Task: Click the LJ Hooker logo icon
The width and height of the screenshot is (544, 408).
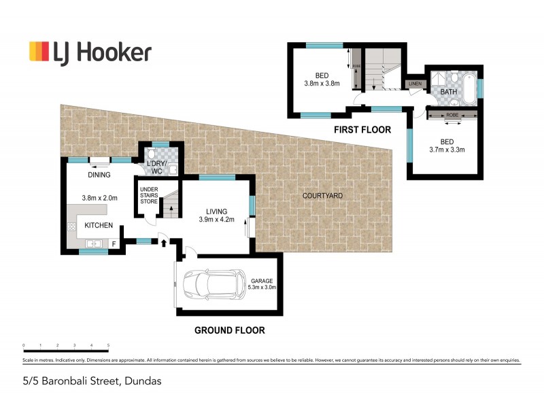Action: click(39, 52)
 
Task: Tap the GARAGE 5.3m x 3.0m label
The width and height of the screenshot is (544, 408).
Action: click(265, 283)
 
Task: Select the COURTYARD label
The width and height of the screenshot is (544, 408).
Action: click(322, 196)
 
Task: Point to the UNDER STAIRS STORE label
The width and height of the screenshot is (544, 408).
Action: click(148, 195)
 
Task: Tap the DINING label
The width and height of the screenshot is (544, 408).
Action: click(99, 175)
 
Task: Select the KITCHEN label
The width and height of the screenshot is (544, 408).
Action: click(99, 224)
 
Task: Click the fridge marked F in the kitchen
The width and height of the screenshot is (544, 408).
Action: click(114, 243)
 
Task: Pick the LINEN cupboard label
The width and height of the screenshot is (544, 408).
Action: click(415, 84)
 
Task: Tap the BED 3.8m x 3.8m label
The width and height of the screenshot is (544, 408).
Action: click(322, 80)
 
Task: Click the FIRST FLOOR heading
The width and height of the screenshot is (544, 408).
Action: click(362, 129)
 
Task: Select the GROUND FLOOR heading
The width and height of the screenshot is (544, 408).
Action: click(230, 330)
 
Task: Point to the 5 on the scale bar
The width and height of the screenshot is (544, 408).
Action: click(108, 345)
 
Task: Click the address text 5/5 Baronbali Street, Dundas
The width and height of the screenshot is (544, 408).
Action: click(90, 381)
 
